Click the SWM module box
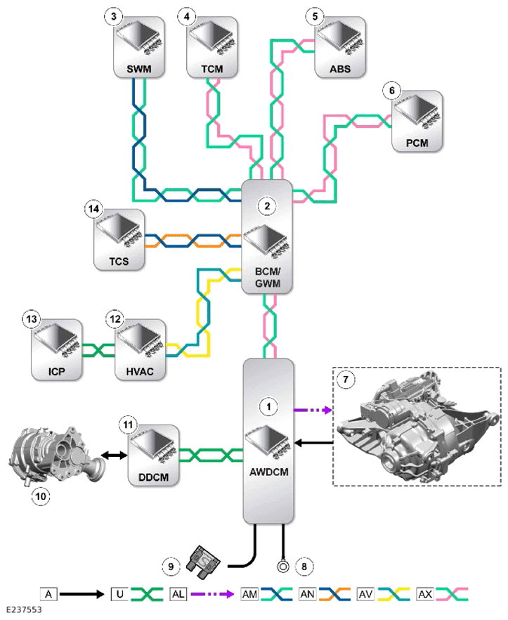click(x=138, y=47)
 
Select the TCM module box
click(x=212, y=47)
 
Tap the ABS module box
click(x=340, y=47)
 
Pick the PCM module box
click(x=417, y=121)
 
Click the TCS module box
click(x=119, y=240)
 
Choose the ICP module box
click(x=56, y=350)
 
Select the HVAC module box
click(x=140, y=350)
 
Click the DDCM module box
click(x=153, y=456)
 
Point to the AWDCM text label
click(x=269, y=472)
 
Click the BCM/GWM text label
click(x=268, y=278)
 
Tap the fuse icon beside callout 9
click(x=203, y=562)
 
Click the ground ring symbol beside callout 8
click(x=283, y=567)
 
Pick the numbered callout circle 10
click(x=41, y=496)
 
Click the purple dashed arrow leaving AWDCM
click(x=313, y=410)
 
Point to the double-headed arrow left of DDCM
click(x=114, y=456)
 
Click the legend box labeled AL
click(x=178, y=594)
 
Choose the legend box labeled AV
click(x=365, y=594)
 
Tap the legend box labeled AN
click(x=307, y=594)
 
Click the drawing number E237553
click(x=24, y=609)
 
